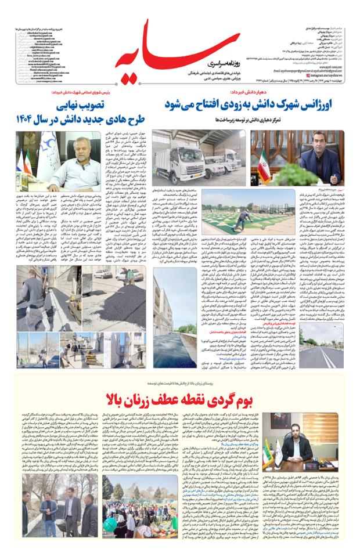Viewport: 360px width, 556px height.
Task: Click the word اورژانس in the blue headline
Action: tap(318, 107)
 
